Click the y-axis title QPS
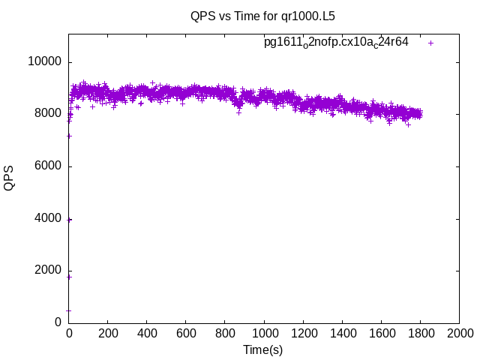[9, 178]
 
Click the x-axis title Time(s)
[262, 349]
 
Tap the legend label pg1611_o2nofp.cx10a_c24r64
[336, 43]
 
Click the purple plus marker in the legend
[431, 43]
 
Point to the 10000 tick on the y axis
[45, 61]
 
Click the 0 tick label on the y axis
[58, 322]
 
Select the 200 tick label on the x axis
[108, 334]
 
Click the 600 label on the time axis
[186, 334]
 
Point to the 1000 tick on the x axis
[264, 334]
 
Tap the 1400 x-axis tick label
[342, 334]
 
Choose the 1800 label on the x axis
[420, 334]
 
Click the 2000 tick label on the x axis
[459, 334]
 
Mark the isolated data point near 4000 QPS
[69, 220]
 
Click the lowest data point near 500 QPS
[68, 310]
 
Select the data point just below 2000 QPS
[69, 277]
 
